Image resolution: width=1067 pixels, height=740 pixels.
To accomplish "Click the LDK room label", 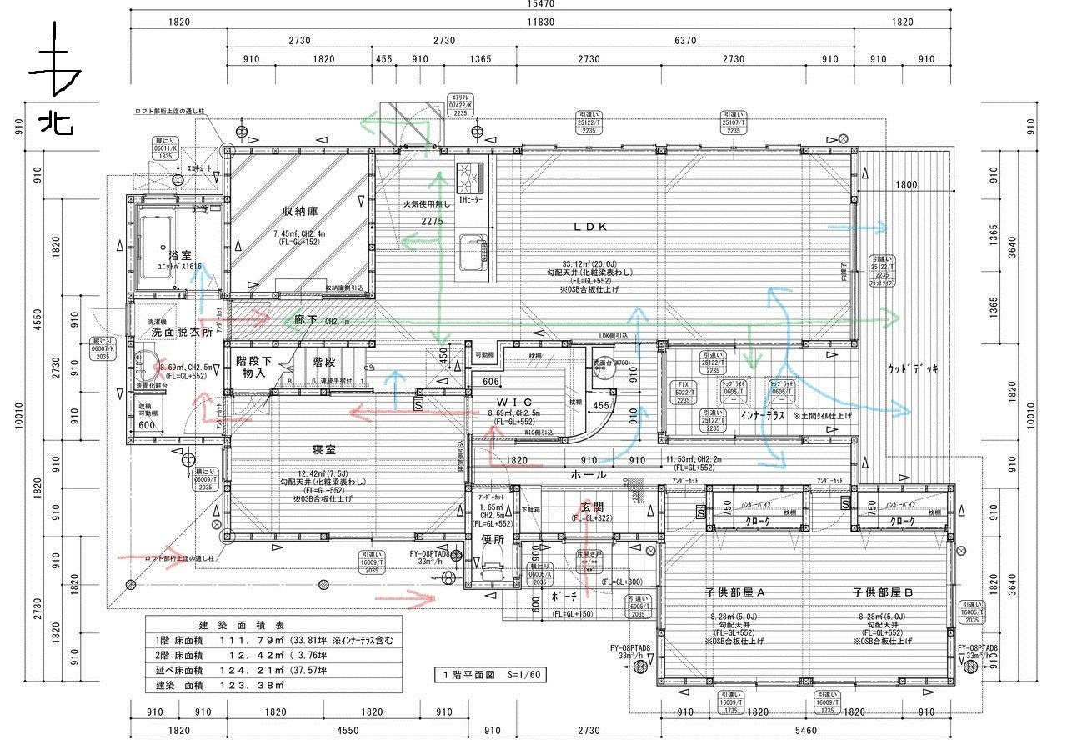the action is [x=591, y=227].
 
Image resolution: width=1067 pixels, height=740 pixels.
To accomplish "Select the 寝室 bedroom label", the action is [x=323, y=449].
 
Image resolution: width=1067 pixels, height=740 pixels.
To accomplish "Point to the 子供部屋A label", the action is [x=735, y=592].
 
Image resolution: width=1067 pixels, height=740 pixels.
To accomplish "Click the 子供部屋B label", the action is [x=883, y=592].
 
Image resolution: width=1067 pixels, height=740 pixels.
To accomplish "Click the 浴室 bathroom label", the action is [x=180, y=254].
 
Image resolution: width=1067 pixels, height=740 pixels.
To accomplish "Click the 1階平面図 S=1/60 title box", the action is [x=490, y=674].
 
